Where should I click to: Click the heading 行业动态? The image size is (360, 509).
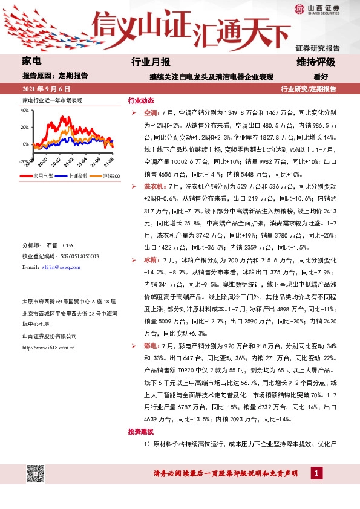pyautogui.click(x=141, y=100)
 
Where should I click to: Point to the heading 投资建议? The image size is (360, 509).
pyautogui.click(x=141, y=432)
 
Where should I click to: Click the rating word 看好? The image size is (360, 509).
pyautogui.click(x=321, y=77)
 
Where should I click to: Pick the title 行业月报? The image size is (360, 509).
pyautogui.click(x=151, y=62)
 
